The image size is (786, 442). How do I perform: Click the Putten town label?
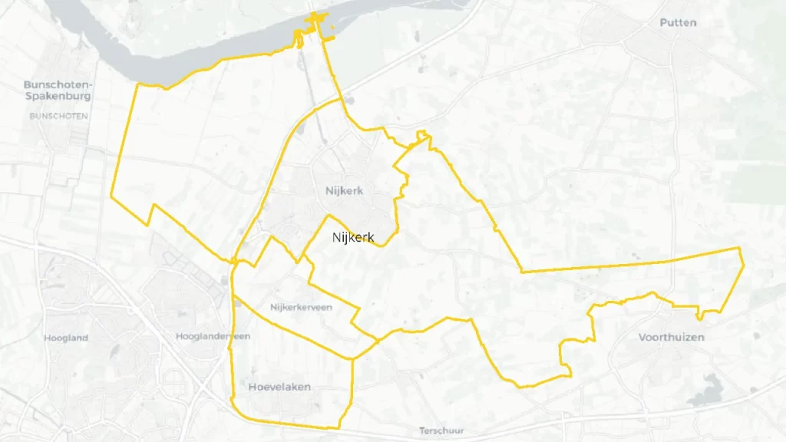678,23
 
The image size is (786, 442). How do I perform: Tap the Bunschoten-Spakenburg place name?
58,91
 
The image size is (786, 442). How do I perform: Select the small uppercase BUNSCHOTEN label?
58,117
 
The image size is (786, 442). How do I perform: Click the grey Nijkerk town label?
339,191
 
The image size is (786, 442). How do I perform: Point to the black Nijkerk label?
353,238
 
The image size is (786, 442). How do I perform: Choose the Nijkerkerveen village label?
301,308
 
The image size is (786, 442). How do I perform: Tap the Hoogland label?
66,338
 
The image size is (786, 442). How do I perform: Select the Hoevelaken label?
279,388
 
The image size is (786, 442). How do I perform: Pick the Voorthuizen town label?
671,337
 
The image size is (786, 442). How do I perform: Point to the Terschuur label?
441,430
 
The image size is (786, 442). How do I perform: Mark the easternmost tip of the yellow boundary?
744,265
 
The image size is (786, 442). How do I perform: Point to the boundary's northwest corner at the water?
137,84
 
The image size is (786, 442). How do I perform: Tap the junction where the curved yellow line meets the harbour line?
342,100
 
